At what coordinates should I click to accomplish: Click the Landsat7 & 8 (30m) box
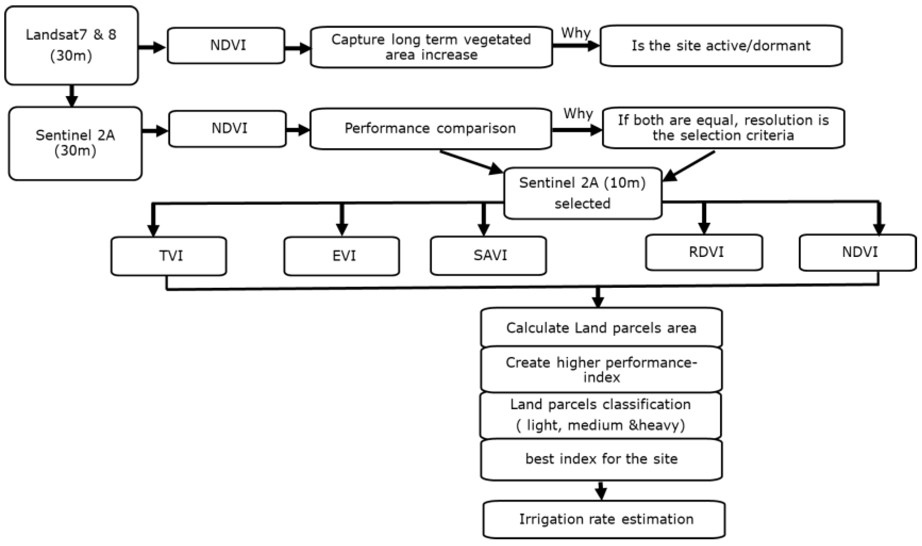(x=71, y=45)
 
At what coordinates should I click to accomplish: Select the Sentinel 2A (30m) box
(x=75, y=143)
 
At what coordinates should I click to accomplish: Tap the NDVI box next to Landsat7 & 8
(x=226, y=45)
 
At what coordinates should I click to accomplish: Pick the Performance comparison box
(x=431, y=128)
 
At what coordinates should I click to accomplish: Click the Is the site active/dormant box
(x=721, y=46)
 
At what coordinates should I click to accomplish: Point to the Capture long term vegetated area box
(x=431, y=47)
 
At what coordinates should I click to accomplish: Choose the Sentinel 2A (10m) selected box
(x=583, y=193)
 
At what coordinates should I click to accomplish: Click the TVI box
(x=169, y=256)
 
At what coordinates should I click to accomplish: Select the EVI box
(x=342, y=256)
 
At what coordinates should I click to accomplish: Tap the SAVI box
(x=488, y=255)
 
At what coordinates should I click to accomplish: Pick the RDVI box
(x=704, y=252)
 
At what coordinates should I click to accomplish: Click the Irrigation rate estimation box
(x=604, y=519)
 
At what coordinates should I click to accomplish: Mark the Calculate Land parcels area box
(x=601, y=327)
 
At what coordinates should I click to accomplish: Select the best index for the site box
(x=601, y=459)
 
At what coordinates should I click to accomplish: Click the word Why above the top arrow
(x=575, y=33)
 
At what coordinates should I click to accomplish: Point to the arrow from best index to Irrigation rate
(x=601, y=490)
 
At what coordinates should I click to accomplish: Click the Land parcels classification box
(x=601, y=415)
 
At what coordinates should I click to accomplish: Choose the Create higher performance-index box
(x=601, y=370)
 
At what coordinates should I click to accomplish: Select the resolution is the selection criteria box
(x=723, y=128)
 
